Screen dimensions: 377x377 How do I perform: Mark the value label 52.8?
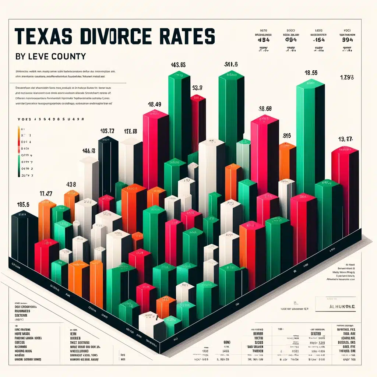pos(198,88)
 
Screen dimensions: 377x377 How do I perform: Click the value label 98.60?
pos(265,109)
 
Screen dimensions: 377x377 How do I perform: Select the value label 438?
pos(71,184)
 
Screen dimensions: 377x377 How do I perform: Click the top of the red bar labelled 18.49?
pos(156,114)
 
